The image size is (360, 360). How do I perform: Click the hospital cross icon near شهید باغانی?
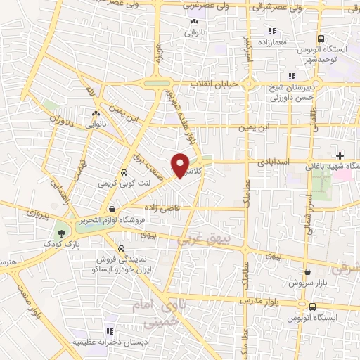340,155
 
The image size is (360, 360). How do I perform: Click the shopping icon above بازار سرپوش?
307,271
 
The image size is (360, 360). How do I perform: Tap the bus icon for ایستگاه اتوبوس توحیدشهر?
321,39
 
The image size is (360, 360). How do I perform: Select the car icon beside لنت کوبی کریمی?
124,172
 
